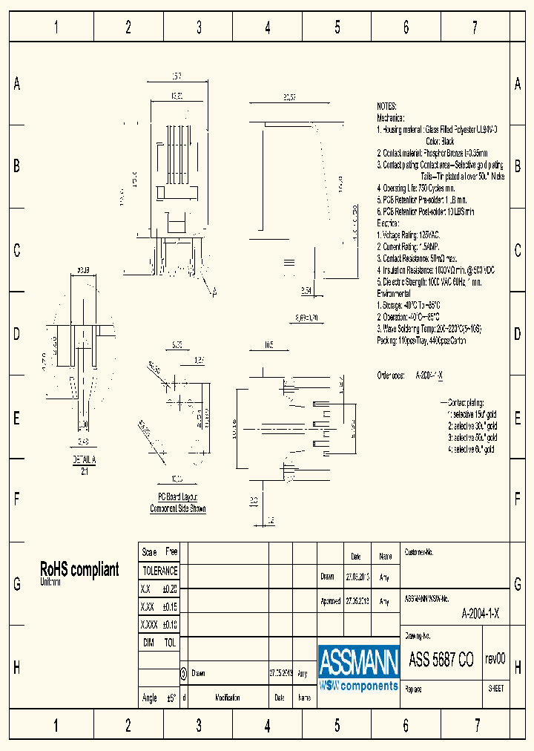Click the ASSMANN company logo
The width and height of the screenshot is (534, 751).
[x=359, y=667]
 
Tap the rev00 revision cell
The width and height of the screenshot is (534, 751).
[x=495, y=660]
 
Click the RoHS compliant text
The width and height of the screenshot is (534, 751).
[x=79, y=569]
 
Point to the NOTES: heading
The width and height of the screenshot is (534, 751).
[x=386, y=107]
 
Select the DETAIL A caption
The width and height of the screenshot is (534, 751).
[x=85, y=460]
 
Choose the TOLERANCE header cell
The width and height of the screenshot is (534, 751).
[x=159, y=571]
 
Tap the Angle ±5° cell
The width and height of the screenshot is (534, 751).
[x=159, y=698]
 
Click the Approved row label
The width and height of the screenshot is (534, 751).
[x=331, y=602]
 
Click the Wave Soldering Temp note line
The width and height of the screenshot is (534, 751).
[x=429, y=328]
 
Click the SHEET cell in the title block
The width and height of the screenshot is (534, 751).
[x=495, y=688]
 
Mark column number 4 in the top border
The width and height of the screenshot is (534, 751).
[x=268, y=28]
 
